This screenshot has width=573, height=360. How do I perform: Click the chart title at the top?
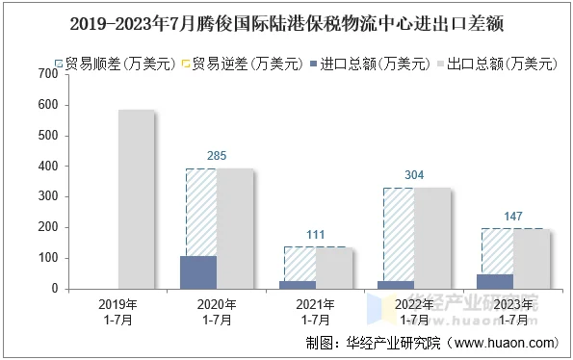click(286, 18)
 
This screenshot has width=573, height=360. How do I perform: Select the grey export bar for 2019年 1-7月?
click(136, 199)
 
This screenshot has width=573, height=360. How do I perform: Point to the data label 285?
click(218, 155)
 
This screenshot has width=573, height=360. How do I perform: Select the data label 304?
click(415, 174)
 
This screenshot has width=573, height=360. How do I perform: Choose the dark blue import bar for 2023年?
click(496, 281)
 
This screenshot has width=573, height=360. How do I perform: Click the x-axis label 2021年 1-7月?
click(316, 311)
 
